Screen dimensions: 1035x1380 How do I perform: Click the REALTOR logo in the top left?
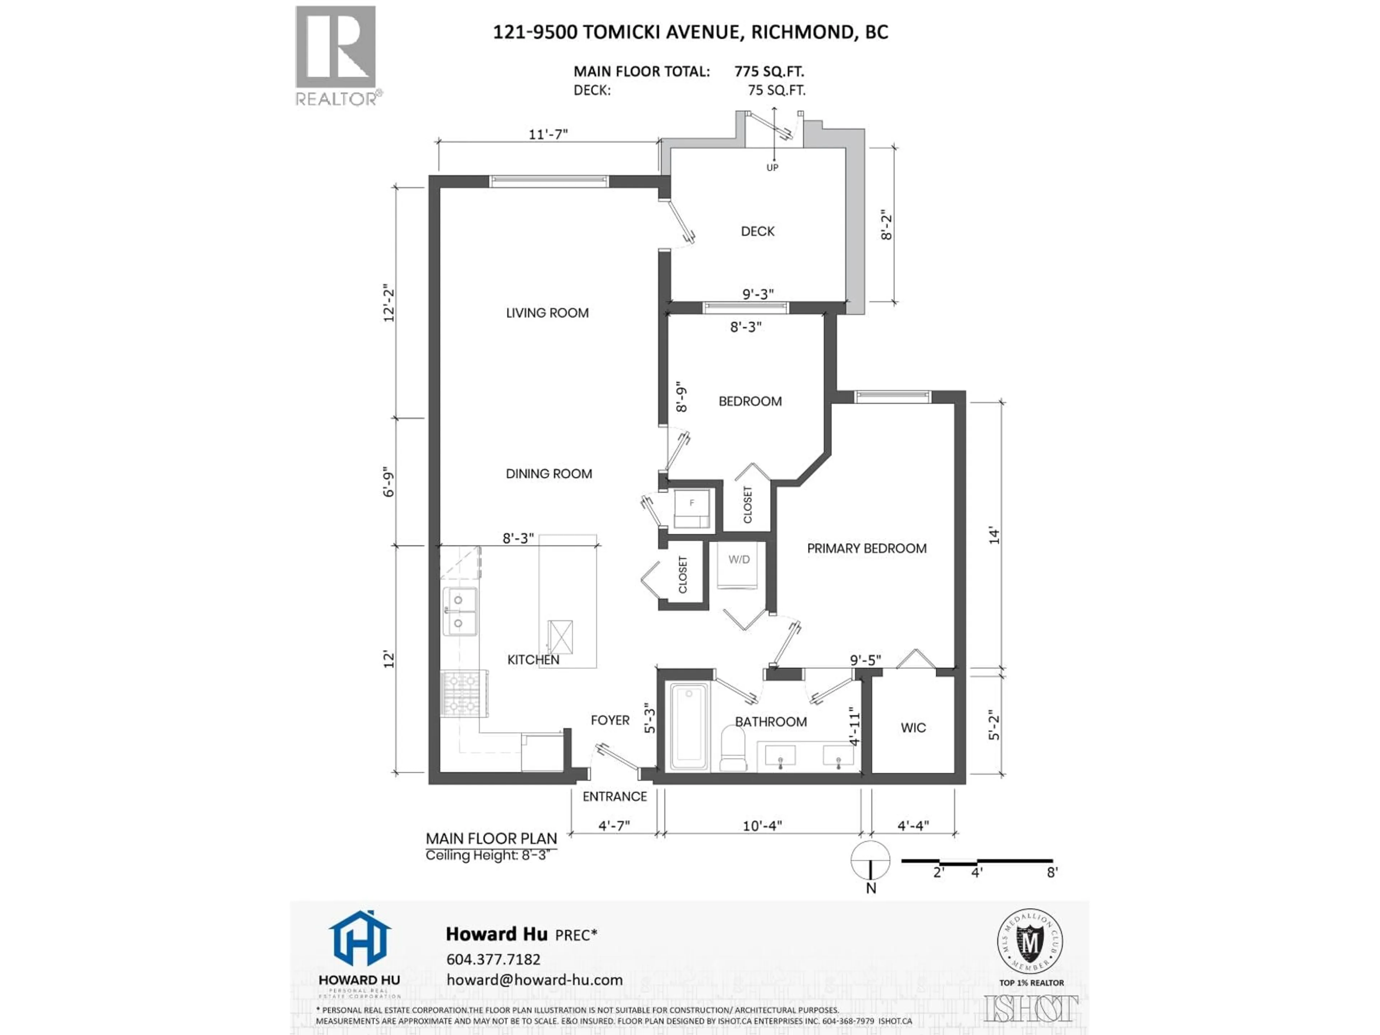click(x=336, y=55)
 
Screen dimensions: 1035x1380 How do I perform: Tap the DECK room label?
click(x=757, y=231)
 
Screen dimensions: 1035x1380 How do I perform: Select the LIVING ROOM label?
click(x=547, y=313)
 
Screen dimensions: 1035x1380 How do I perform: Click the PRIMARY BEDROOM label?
click(x=866, y=548)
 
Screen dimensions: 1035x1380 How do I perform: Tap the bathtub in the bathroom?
click(x=689, y=727)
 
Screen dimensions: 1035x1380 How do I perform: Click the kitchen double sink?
click(x=459, y=611)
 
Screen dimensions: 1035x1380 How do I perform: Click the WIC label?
click(x=913, y=727)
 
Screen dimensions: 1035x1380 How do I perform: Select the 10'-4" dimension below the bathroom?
click(x=762, y=825)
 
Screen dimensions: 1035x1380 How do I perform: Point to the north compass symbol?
click(x=870, y=861)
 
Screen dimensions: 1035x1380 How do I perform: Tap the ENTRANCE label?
click(x=615, y=797)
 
